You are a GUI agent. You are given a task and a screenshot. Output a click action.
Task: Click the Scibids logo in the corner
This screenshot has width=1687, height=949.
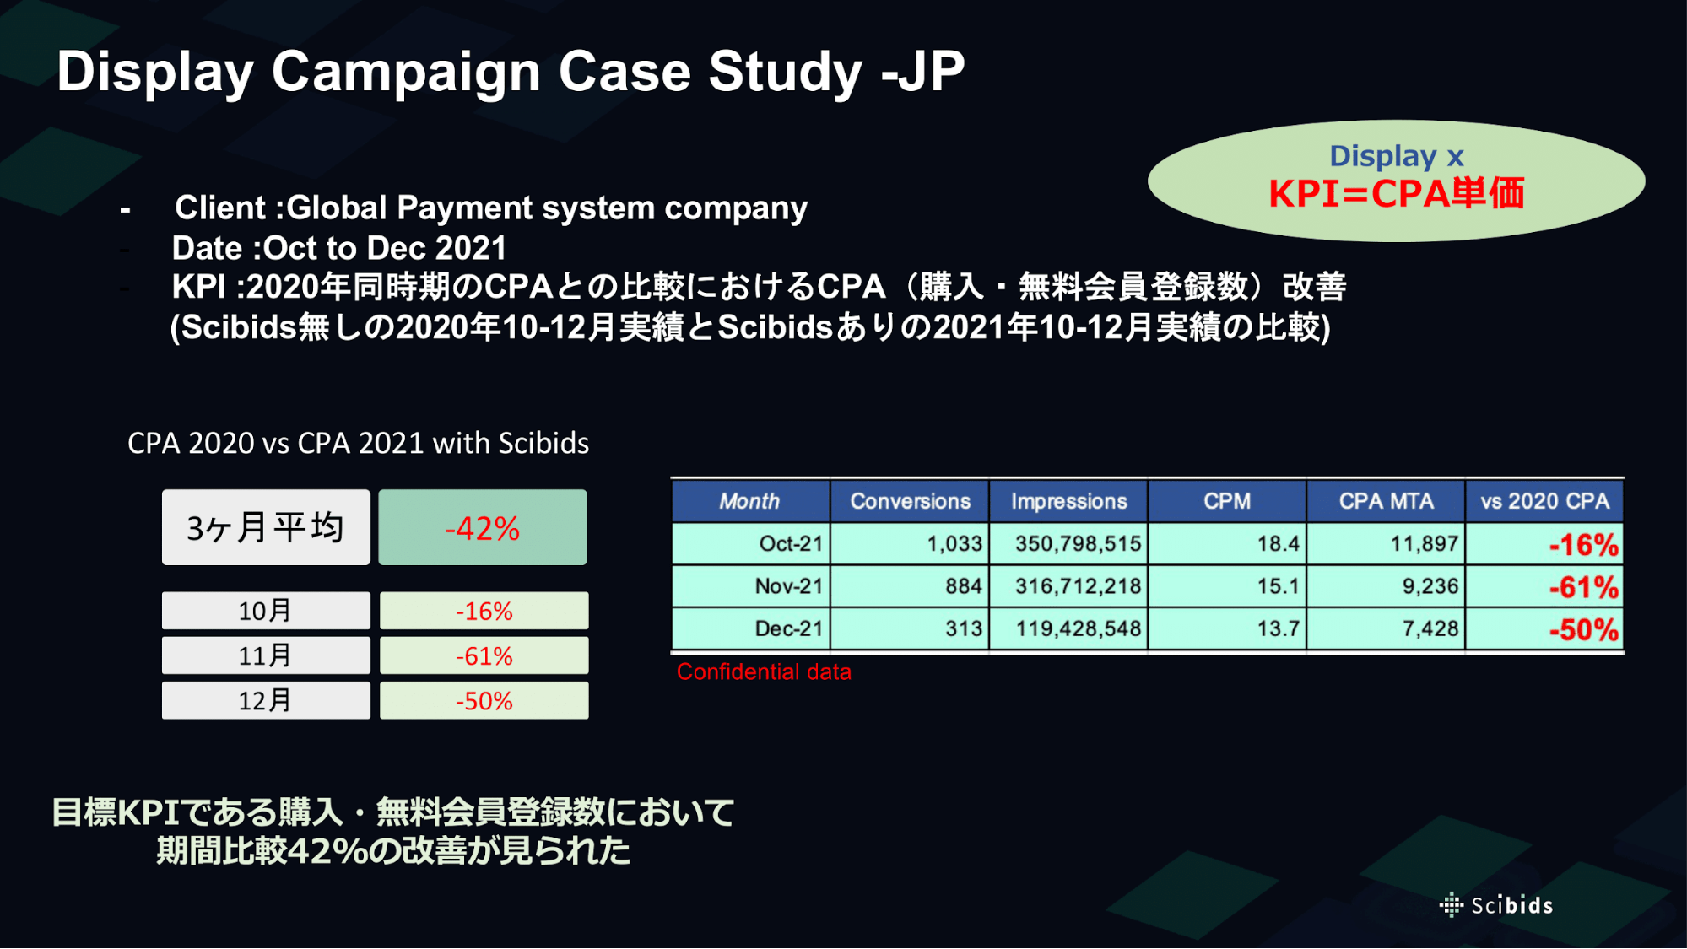pos(1495,905)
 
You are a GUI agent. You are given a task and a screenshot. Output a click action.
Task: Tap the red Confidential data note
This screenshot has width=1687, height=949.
pos(764,671)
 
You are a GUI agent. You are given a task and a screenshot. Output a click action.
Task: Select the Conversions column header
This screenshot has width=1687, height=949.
pos(910,501)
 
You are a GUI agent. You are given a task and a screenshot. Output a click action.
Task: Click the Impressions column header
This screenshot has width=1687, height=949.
pos(1068,501)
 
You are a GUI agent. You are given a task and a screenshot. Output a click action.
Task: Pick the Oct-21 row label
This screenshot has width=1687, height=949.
pos(791,543)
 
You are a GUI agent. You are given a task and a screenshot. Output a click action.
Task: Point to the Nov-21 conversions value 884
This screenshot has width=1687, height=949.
pos(964,585)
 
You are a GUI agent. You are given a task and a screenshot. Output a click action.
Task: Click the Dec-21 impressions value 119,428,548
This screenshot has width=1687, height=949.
pos(1078,628)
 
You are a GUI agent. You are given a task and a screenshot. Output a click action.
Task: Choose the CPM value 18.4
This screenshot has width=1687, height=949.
pos(1278,543)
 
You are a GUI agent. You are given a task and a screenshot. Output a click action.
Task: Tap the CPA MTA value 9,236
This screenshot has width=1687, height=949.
pos(1430,585)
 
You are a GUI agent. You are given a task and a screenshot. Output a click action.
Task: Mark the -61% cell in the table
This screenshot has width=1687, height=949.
pos(1583,587)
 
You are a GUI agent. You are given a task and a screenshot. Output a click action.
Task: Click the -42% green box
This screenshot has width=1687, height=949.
pos(483,527)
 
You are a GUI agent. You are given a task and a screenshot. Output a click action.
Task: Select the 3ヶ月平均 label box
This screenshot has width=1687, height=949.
pos(266,527)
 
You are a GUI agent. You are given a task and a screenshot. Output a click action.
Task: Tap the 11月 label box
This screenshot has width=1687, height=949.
pos(266,655)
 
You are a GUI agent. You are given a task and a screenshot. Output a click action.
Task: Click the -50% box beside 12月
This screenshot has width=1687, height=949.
pos(484,700)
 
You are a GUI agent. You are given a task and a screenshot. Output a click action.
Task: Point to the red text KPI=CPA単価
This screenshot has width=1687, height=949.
pos(1397,193)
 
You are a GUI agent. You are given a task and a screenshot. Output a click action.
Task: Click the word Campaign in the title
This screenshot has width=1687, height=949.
pos(406,73)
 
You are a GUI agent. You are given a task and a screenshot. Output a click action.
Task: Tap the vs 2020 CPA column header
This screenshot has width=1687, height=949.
pos(1544,501)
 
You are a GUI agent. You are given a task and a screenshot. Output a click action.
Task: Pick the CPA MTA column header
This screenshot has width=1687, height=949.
pos(1386,501)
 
